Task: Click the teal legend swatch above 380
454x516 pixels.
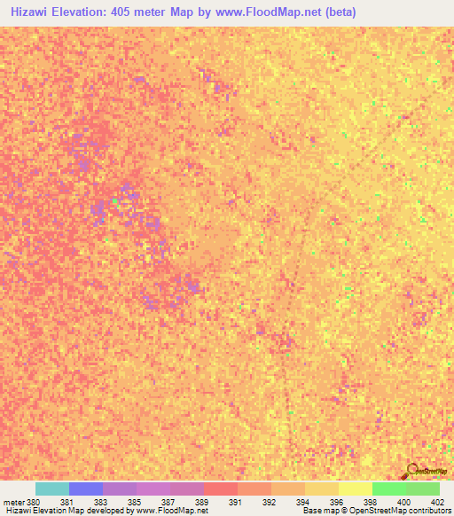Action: (52, 489)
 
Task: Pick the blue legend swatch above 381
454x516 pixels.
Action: (86, 489)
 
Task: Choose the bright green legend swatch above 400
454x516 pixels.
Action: (389, 489)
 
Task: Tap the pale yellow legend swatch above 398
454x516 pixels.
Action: (356, 489)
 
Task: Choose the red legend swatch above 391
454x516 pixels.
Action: (221, 489)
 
